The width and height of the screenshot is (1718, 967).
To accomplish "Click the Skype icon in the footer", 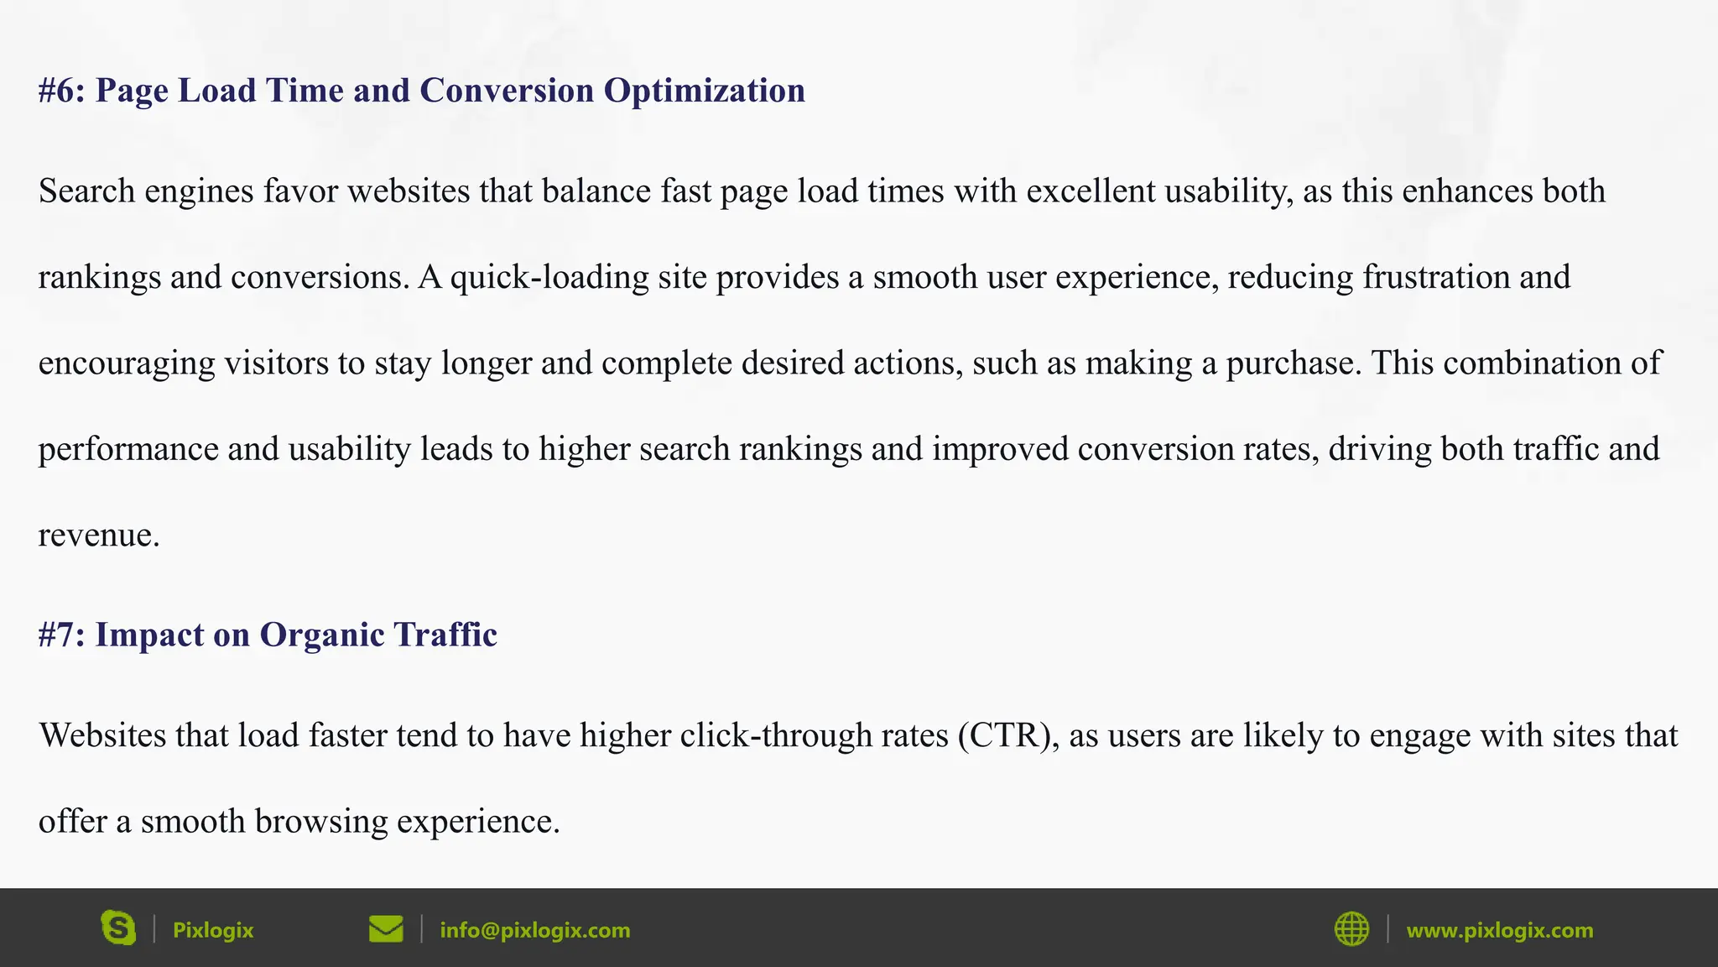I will point(118,928).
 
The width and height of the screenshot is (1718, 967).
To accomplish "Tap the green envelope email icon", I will point(386,929).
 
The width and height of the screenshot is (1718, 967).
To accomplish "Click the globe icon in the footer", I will point(1351,929).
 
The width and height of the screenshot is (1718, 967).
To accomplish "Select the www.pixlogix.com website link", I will point(1499,930).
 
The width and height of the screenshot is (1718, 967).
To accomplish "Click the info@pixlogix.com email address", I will point(534,930).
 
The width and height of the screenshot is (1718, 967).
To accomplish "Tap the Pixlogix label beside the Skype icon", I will point(212,930).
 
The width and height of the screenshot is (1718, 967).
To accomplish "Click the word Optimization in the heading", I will point(704,91).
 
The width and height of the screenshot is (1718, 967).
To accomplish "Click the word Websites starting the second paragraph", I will point(102,735).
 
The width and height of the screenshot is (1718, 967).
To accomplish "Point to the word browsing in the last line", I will point(321,822).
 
